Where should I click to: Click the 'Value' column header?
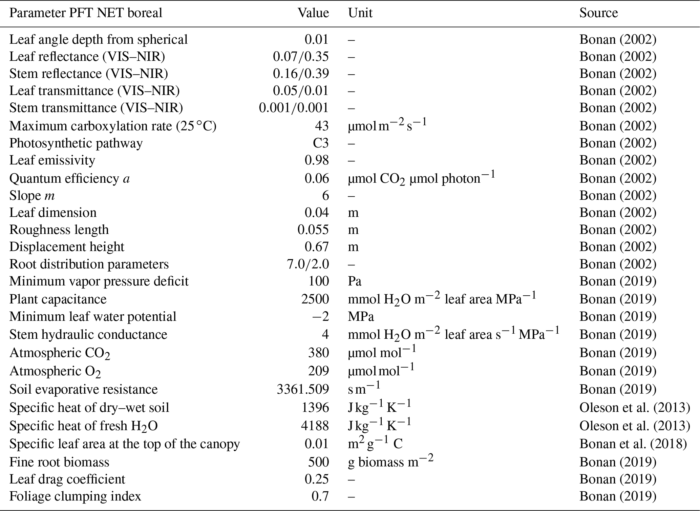[x=313, y=13]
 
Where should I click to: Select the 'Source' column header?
[x=598, y=13]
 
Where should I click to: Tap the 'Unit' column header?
[x=360, y=13]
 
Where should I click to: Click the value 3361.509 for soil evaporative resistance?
[x=303, y=389]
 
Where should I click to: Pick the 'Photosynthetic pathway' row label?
[x=76, y=143]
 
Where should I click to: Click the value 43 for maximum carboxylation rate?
[x=322, y=126]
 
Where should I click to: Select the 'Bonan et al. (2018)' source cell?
[x=633, y=444]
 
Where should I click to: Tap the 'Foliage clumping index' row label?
[x=75, y=496]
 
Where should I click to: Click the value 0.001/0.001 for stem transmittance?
[x=294, y=108]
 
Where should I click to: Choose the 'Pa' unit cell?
[x=355, y=281]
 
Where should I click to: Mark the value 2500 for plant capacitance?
[x=315, y=299]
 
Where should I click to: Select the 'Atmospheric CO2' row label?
[x=60, y=353]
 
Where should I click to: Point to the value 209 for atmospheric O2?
[x=318, y=371]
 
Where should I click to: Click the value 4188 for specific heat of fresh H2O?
[x=315, y=426]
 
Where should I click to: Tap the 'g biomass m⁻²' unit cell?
[x=390, y=462]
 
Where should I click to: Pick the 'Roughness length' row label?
[x=59, y=230]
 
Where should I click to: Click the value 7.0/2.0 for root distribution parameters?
[x=307, y=264]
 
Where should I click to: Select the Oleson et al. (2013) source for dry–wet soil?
[x=634, y=407]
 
